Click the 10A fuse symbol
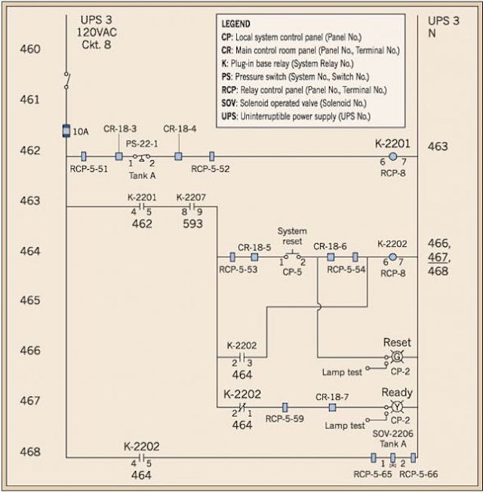pos(65,131)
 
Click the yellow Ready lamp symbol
pos(397,407)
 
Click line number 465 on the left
pos(30,300)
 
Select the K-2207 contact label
pos(192,195)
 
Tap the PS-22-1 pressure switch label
pos(140,145)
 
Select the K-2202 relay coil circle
pos(392,257)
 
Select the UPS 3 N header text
pos(443,28)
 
